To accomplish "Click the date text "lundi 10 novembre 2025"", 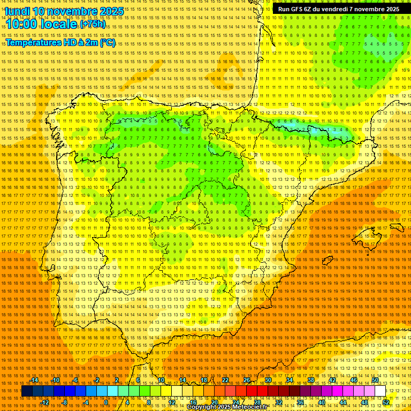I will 64,11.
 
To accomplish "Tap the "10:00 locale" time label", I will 41,24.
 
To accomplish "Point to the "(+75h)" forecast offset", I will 93,25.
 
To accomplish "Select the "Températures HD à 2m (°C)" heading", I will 60,42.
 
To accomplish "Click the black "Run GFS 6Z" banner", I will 338,9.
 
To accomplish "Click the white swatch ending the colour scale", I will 380,391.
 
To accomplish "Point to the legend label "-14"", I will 34,380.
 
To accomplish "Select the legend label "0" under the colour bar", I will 106,402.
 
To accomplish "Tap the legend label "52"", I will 386,402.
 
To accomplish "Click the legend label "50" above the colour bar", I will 375,380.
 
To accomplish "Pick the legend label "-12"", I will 45,402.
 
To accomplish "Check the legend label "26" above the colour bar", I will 247,380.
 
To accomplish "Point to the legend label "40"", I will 321,402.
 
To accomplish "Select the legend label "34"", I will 290,380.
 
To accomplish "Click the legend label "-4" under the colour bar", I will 86,402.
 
